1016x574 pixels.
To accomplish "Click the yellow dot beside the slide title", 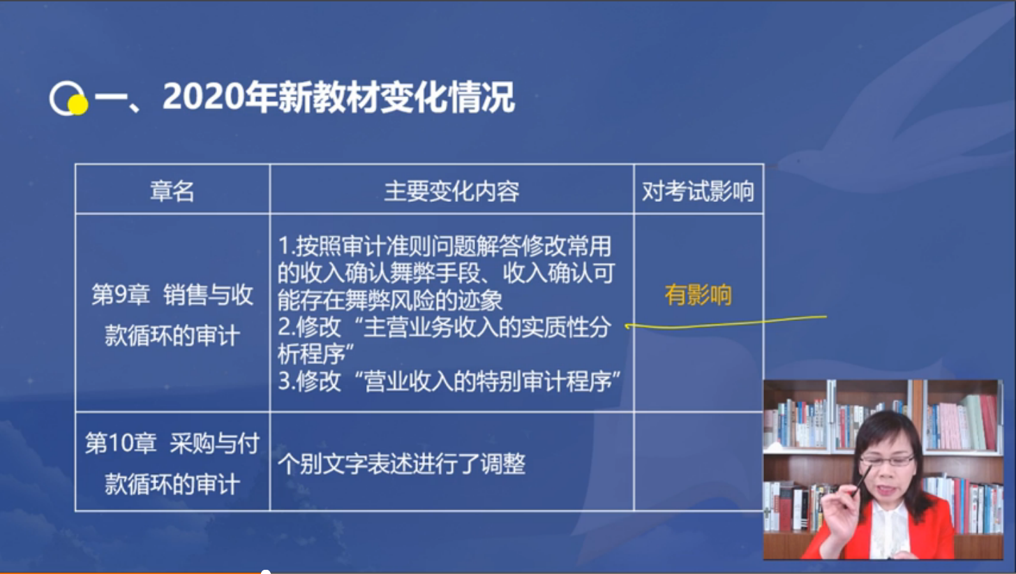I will pos(78,105).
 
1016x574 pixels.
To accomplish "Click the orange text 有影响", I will pos(698,295).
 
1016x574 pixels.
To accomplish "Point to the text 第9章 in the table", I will pos(120,295).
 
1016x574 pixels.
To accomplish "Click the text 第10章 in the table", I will pos(120,444).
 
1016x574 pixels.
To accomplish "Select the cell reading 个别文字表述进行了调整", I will pos(401,464).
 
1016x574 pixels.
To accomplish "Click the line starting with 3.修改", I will pos(449,382).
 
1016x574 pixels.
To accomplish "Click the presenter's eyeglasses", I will pos(887,460).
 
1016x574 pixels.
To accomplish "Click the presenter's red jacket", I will pos(932,531).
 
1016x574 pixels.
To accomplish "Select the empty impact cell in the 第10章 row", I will pos(698,461).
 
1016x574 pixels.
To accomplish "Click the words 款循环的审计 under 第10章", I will pos(172,484).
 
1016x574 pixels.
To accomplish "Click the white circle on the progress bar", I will pos(265,572).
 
